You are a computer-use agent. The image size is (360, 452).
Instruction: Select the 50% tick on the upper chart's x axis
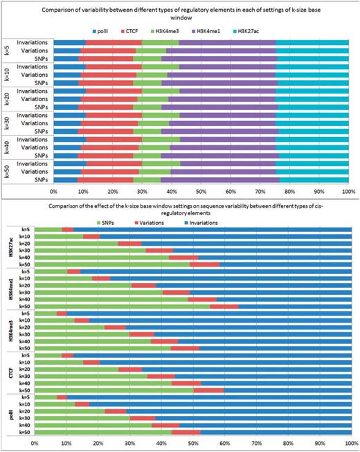click(201, 190)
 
